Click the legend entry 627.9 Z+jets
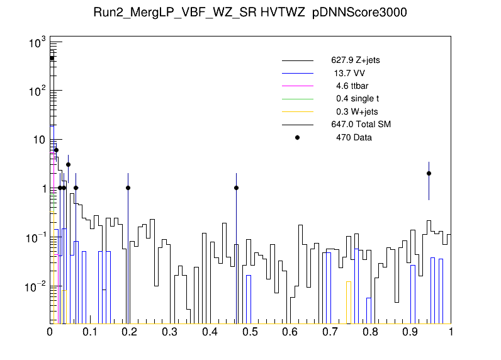[x=355, y=61]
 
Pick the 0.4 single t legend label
[x=357, y=99]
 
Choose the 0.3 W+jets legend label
[x=357, y=111]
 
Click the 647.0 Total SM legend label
[x=361, y=125]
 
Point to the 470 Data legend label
[x=354, y=137]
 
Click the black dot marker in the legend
[x=298, y=137]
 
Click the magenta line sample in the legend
[x=298, y=86]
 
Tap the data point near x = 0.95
[x=429, y=173]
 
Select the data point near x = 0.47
[x=236, y=188]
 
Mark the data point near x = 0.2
[x=128, y=188]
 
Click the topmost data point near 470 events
[x=52, y=59]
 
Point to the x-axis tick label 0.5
[x=250, y=332]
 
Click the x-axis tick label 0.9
[x=411, y=332]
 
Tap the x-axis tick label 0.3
[x=171, y=332]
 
